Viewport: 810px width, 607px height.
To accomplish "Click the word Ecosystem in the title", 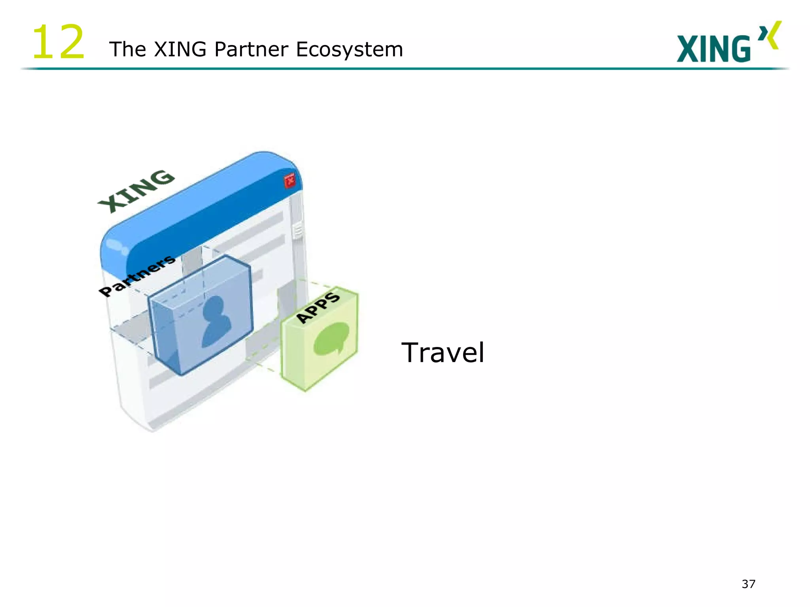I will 349,50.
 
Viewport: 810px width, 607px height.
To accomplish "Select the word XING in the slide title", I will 180,50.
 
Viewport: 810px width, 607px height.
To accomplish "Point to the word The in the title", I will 128,50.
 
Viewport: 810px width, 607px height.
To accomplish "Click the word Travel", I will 443,353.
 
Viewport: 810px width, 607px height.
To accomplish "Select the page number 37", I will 748,584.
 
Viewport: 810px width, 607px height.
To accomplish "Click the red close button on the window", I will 290,180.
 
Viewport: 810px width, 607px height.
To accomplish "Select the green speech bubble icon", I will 331,338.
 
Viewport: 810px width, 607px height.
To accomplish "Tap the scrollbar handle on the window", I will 297,231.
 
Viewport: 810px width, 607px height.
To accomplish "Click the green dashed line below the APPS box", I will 263,366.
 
